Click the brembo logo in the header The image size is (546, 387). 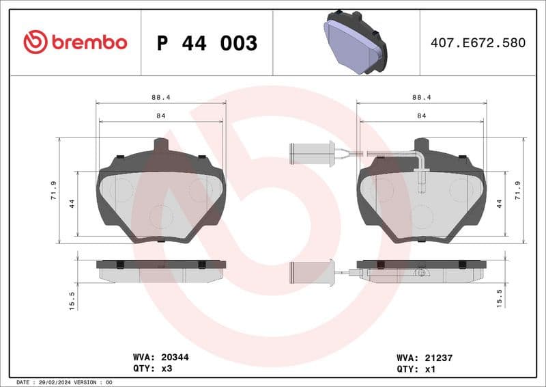coord(75,42)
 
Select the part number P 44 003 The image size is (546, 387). coord(207,43)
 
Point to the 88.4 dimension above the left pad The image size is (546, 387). coord(161,98)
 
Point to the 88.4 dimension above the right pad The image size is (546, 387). coord(422,98)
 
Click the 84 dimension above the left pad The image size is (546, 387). coord(161,116)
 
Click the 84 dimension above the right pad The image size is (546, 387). coord(422,116)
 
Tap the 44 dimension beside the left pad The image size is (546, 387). coord(72,203)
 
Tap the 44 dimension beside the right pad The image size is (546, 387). coord(500,203)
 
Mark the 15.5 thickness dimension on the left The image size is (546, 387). coord(72,299)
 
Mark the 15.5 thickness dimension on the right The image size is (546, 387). coord(500,299)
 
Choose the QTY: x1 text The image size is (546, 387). coord(415,368)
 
